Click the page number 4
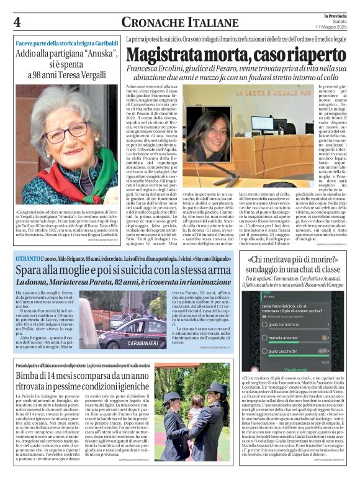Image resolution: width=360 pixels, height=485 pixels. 17,22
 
